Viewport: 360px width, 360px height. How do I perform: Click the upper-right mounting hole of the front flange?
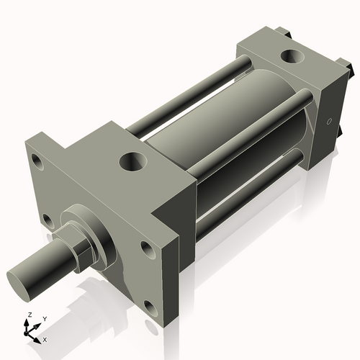[147, 249]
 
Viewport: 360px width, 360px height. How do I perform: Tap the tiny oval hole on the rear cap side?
[330, 122]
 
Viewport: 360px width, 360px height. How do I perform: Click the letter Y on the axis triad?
[44, 318]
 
